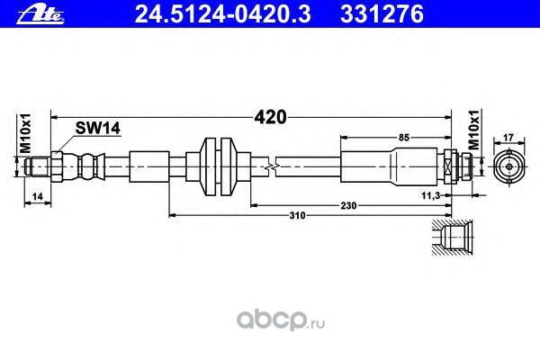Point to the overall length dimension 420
(x=272, y=116)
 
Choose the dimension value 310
(x=297, y=216)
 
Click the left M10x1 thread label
(x=26, y=134)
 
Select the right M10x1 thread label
(x=475, y=134)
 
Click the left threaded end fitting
(x=45, y=166)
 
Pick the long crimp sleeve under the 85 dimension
(x=392, y=166)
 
